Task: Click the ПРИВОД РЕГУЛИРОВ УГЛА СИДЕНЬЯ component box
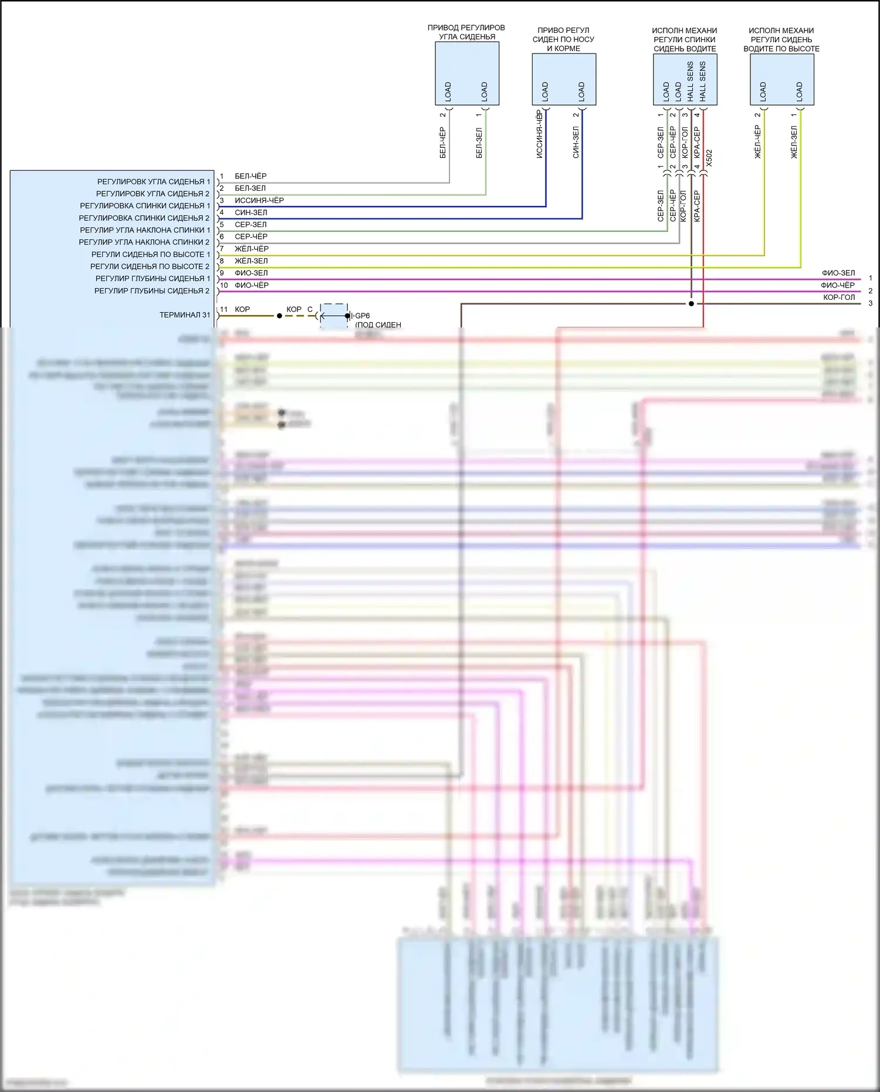point(467,73)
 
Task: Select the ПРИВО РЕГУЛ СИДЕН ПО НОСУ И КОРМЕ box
point(564,79)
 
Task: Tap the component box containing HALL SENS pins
point(685,79)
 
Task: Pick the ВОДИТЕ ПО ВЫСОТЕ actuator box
point(781,79)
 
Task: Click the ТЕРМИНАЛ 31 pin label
point(184,315)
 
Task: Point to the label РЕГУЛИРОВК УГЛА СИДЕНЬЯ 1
point(153,182)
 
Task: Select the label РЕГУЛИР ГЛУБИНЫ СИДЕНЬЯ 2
point(151,291)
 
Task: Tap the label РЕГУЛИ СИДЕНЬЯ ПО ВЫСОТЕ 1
point(150,255)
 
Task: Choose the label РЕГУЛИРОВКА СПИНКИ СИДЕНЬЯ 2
point(144,218)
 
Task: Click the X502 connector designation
point(709,158)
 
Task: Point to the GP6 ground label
point(363,316)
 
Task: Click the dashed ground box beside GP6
point(334,316)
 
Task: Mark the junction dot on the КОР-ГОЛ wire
point(691,304)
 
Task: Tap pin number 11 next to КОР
point(224,309)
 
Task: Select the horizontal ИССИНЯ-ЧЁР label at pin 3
point(259,201)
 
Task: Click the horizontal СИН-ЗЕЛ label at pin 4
point(251,212)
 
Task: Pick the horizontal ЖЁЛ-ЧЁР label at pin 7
point(251,249)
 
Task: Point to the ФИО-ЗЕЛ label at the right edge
point(838,273)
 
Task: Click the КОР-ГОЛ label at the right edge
point(838,297)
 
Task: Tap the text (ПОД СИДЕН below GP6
point(378,324)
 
